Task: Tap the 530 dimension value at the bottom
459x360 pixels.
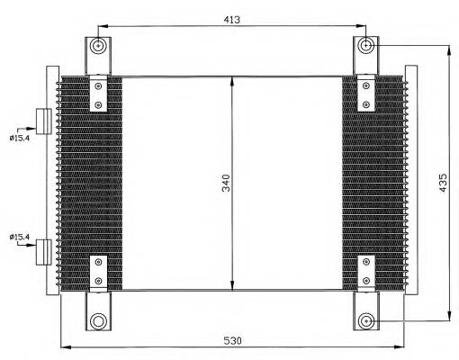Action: (x=233, y=340)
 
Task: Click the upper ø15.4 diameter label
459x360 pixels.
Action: (x=20, y=137)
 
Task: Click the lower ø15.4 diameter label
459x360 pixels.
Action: (x=20, y=237)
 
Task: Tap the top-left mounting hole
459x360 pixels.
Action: (x=98, y=47)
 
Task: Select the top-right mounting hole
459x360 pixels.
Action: (x=366, y=46)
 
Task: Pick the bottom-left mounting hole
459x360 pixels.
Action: (x=98, y=320)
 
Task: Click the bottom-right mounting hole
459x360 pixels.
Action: (x=366, y=320)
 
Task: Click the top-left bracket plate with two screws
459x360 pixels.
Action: (x=98, y=95)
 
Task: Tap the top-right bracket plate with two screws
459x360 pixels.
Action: (x=366, y=95)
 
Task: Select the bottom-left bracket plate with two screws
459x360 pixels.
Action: (x=98, y=273)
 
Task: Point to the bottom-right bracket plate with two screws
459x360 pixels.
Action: (x=366, y=273)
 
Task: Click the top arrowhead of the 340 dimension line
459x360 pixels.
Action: (x=233, y=81)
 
